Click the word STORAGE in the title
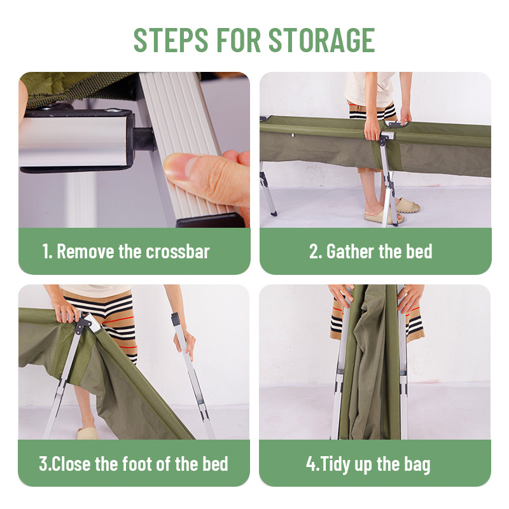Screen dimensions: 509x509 pyautogui.click(x=322, y=40)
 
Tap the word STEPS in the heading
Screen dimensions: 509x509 pyautogui.click(x=171, y=40)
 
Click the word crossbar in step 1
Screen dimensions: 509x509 pyautogui.click(x=178, y=251)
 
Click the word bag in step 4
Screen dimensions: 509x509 pyautogui.click(x=417, y=465)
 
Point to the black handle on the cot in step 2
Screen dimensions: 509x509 pyautogui.click(x=395, y=123)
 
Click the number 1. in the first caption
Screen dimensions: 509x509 pyautogui.click(x=47, y=251)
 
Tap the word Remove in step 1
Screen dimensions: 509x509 pyautogui.click(x=85, y=251)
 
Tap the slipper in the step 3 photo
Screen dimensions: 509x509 pyautogui.click(x=88, y=433)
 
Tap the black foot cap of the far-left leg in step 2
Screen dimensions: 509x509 pyautogui.click(x=274, y=213)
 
